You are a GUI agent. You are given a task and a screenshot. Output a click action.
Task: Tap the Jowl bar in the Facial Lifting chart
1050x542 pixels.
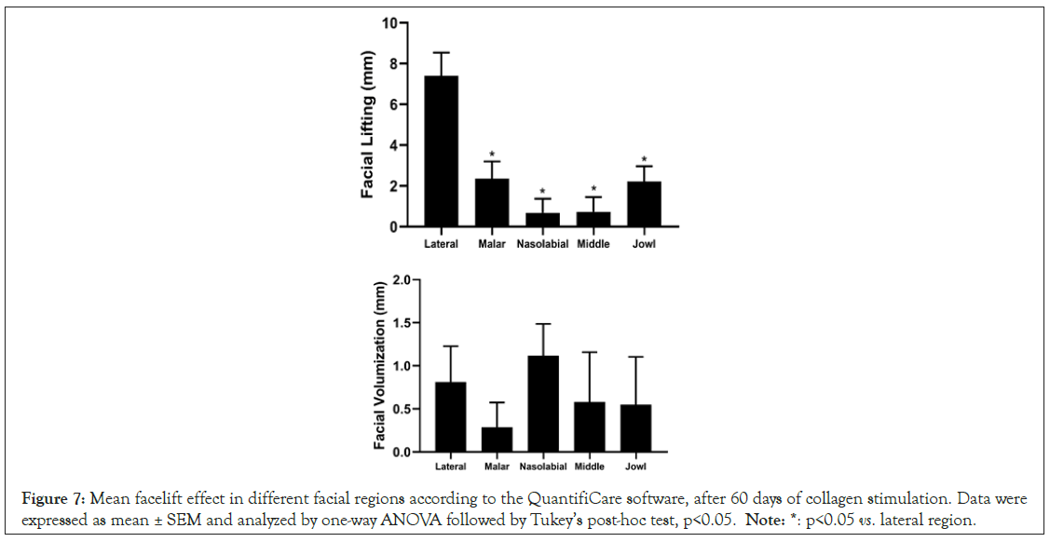click(x=644, y=204)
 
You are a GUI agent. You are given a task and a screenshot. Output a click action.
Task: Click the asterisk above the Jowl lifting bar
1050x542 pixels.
click(x=644, y=160)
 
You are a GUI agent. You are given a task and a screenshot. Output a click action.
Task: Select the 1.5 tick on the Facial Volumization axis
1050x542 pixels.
click(x=402, y=323)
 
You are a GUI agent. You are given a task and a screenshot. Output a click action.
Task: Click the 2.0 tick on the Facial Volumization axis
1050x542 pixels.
click(x=402, y=280)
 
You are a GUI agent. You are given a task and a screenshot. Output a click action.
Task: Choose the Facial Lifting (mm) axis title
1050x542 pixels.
click(x=370, y=124)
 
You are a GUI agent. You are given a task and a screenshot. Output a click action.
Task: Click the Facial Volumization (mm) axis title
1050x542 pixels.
click(x=380, y=366)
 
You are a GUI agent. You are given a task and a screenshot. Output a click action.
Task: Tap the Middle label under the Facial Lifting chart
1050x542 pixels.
click(x=593, y=244)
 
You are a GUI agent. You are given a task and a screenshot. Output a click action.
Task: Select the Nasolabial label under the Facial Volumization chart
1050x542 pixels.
click(x=542, y=467)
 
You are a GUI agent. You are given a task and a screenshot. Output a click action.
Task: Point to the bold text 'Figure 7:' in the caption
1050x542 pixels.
click(x=55, y=499)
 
